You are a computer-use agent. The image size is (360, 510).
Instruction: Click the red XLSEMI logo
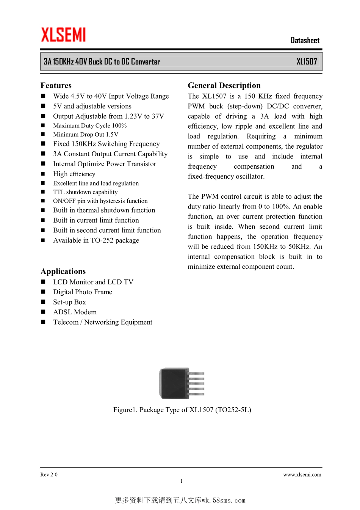pos(63,35)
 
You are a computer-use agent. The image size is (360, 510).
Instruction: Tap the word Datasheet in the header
pos(305,41)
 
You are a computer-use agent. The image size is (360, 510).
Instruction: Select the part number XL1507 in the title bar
pos(307,62)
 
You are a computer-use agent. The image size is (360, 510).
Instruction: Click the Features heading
pos(56,85)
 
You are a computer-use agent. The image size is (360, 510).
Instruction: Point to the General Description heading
pos(224,85)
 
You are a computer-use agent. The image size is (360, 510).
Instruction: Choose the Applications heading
pos(63,271)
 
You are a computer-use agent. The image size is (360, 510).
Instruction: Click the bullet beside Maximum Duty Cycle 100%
pos(43,126)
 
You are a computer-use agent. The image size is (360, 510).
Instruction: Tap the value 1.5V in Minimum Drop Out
pos(112,135)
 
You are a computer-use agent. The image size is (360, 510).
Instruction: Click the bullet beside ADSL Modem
pos(43,312)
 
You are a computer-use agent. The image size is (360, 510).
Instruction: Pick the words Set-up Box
pos(69,302)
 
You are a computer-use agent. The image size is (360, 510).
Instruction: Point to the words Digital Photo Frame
pos(83,292)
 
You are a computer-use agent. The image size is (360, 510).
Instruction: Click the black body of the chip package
pos(174,383)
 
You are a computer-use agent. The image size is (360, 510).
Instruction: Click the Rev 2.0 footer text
pos(49,475)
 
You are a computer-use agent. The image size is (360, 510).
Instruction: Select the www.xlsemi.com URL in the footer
pos(302,475)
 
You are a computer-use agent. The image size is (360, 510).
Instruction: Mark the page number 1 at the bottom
pos(182,481)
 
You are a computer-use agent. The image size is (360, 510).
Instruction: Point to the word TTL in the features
pos(59,192)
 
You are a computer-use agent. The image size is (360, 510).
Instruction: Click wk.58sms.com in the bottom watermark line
pos(224,501)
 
